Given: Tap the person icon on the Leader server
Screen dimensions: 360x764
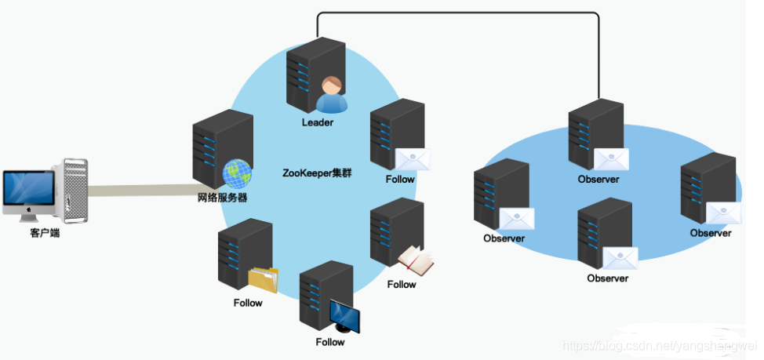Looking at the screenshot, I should (x=332, y=96).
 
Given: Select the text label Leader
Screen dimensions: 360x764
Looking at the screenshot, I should (x=318, y=123).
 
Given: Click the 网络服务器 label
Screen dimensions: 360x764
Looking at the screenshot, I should (x=222, y=198).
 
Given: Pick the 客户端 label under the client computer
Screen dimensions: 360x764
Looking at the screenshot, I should (x=39, y=233).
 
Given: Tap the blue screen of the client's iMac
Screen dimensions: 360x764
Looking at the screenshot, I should (x=28, y=189).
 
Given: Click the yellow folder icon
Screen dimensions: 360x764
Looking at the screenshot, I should (x=263, y=280).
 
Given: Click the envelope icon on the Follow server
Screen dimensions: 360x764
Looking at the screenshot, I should (x=413, y=159).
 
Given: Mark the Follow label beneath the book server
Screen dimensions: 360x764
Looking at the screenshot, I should (x=402, y=284).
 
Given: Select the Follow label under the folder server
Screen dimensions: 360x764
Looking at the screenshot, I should (x=248, y=303).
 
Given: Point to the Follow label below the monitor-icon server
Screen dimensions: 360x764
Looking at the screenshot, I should (x=330, y=342).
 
